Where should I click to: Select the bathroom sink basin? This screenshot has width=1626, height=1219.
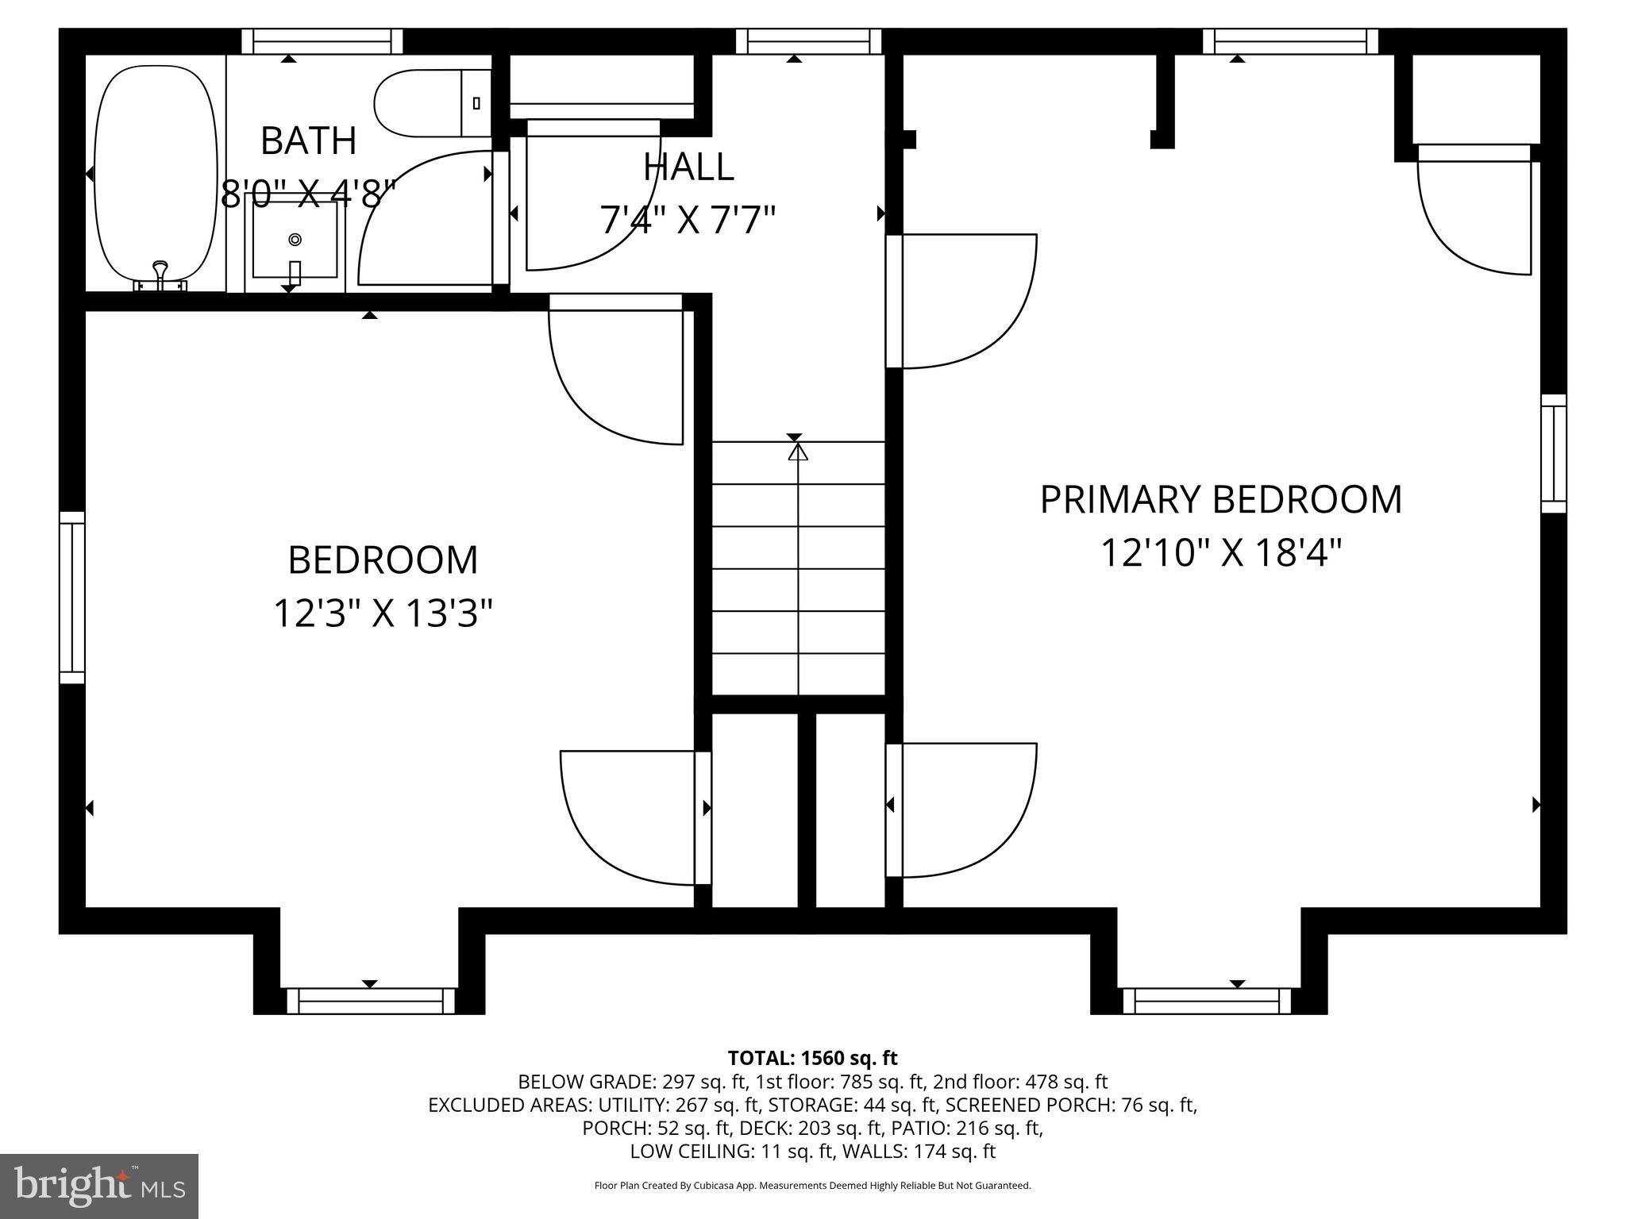(295, 239)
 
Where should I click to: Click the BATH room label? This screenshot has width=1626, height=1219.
(308, 141)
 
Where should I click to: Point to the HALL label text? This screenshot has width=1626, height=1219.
(688, 167)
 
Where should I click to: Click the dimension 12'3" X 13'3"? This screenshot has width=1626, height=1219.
(383, 613)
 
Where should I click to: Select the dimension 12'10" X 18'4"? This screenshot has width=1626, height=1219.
(1220, 553)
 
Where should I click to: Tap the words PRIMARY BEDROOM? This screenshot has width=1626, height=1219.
(1220, 500)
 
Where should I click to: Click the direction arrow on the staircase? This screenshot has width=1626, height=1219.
(797, 453)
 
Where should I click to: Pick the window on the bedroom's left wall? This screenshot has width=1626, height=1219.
(72, 598)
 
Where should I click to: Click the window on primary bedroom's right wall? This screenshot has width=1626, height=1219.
(1553, 453)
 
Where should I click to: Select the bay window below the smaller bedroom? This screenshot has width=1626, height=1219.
(371, 1001)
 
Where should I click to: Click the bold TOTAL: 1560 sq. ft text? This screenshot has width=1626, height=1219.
(812, 1058)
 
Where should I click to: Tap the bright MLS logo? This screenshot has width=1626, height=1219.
(99, 1186)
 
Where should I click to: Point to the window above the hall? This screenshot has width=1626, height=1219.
(808, 41)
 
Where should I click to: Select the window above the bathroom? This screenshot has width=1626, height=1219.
(322, 41)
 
